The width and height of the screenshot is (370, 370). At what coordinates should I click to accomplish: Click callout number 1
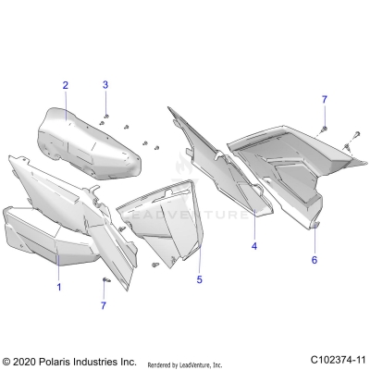(x=58, y=288)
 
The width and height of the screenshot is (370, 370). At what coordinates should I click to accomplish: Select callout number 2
(x=66, y=85)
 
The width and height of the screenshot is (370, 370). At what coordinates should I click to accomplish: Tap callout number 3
(x=105, y=85)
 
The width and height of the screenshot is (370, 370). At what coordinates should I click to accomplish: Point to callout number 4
(x=254, y=247)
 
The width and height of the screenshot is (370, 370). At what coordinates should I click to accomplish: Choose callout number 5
(x=199, y=277)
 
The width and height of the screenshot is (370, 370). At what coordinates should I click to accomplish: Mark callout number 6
(x=314, y=261)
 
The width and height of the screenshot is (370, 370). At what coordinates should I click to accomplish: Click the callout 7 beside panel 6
(x=324, y=99)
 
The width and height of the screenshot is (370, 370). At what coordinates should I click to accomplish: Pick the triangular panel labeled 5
(x=171, y=217)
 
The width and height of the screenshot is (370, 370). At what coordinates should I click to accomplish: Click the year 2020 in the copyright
(x=26, y=360)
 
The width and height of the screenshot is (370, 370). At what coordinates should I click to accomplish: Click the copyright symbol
(x=7, y=360)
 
